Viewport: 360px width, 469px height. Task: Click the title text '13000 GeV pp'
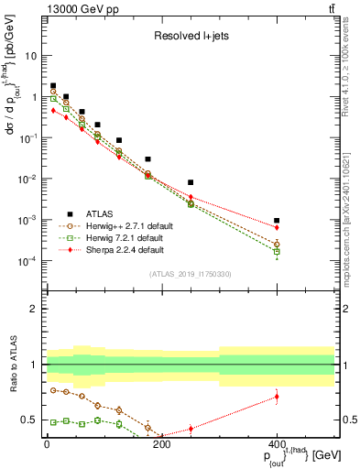[77, 8]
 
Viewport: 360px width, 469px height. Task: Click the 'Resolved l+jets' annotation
[191, 38]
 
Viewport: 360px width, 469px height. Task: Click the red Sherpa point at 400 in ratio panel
[277, 397]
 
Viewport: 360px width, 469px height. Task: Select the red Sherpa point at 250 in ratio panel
[191, 428]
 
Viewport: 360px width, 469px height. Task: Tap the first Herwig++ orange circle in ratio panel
[54, 390]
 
